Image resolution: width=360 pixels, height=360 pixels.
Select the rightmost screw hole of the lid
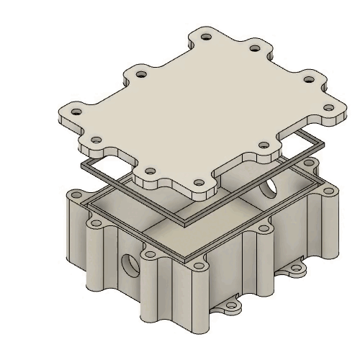coord(329,109)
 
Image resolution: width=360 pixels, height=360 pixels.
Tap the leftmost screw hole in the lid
coord(73,112)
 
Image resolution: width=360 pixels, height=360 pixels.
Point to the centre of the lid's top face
coord(202,108)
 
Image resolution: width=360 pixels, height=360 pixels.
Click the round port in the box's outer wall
coord(130,265)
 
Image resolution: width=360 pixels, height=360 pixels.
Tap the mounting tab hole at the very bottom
coord(231,307)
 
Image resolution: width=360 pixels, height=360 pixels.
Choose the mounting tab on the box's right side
coord(295,271)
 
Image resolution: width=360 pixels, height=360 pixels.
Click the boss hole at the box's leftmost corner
coord(75,194)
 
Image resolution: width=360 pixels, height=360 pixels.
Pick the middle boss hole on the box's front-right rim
coord(265,229)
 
